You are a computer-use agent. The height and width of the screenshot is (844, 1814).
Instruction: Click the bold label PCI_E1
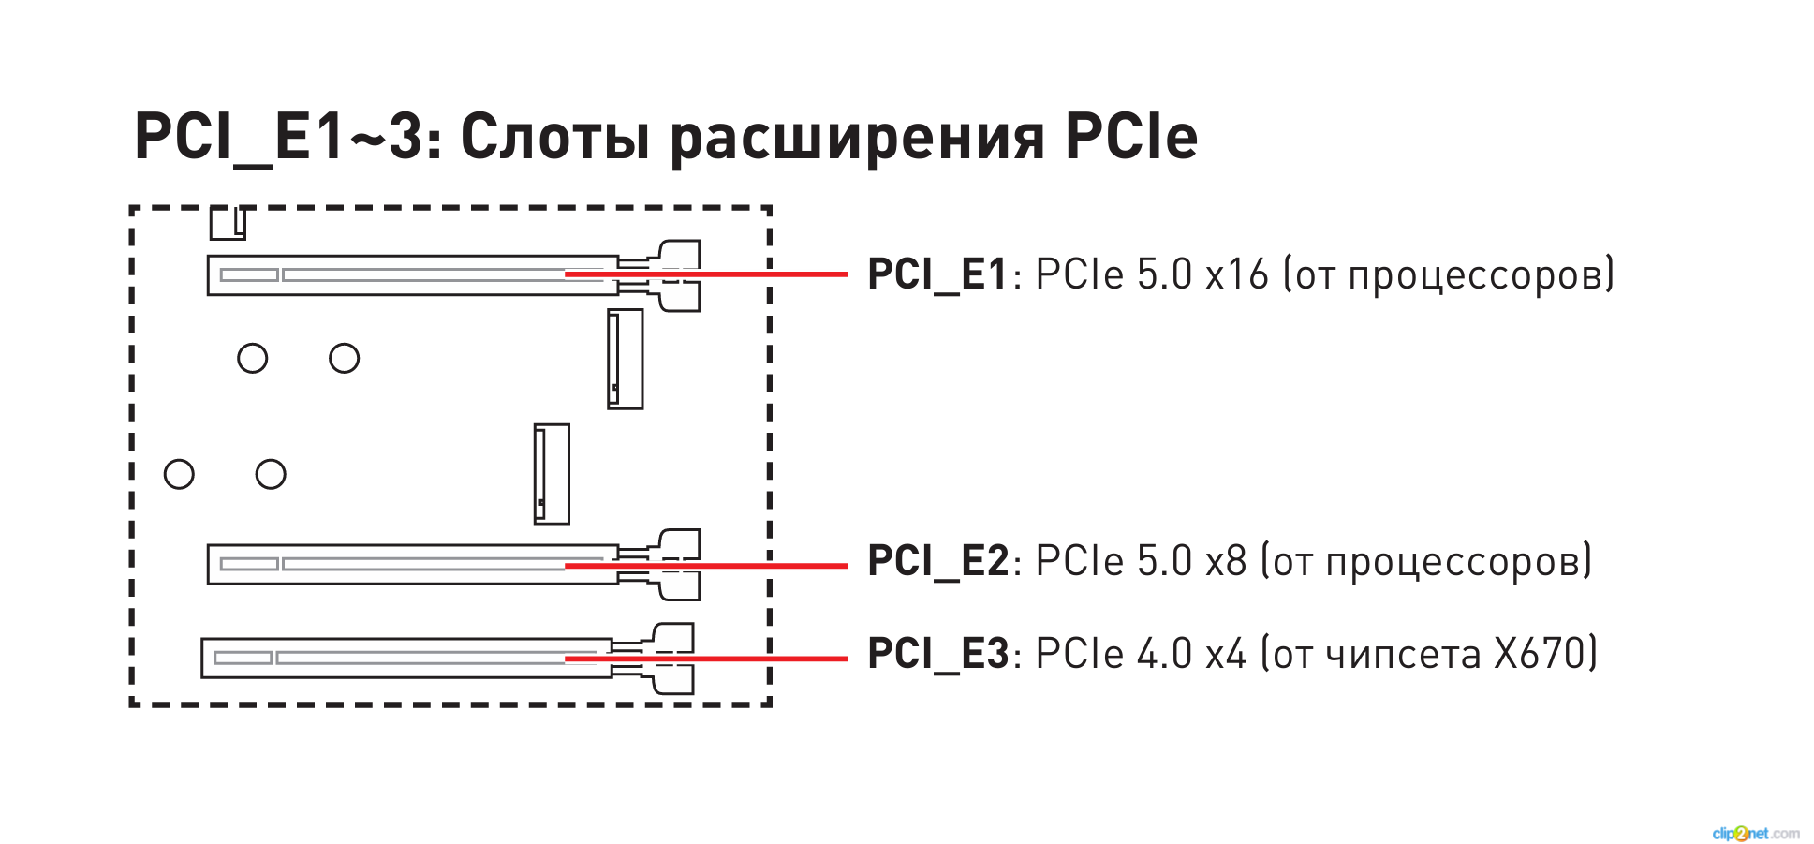tap(936, 275)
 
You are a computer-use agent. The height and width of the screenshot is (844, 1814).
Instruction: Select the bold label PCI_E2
tap(936, 562)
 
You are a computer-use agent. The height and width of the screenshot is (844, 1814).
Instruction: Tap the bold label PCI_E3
tap(936, 654)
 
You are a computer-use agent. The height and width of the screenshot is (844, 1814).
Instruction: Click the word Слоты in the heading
tap(554, 138)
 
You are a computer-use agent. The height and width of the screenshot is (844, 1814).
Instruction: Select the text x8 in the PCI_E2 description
tap(1226, 562)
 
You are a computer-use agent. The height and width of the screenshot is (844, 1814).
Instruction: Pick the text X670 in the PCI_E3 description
tap(1536, 654)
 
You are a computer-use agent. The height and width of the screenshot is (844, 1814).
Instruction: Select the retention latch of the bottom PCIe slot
tap(671, 659)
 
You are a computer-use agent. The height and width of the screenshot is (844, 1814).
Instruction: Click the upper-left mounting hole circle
tap(252, 358)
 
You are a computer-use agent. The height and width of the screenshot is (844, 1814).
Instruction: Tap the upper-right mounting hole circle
tap(344, 358)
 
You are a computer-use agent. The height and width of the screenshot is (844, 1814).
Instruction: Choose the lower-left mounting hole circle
tap(179, 474)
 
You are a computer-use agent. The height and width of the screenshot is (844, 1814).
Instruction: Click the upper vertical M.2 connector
tap(625, 359)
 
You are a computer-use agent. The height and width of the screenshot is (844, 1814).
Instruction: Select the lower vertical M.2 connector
tap(552, 474)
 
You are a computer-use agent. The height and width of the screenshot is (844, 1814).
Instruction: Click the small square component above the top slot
tap(228, 224)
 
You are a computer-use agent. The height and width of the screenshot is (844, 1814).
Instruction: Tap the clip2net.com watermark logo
tap(1755, 833)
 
